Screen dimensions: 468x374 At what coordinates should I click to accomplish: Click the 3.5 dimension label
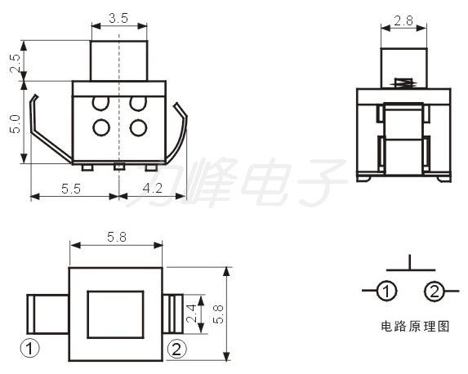[118, 19]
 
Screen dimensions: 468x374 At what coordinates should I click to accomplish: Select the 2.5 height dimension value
[15, 63]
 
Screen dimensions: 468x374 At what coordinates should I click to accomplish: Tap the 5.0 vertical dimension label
[15, 124]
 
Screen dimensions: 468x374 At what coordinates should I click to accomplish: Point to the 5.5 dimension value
[71, 189]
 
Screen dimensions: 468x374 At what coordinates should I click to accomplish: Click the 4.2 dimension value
[153, 189]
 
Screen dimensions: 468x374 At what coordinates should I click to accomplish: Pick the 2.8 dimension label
[403, 21]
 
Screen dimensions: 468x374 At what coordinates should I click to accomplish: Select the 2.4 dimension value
[191, 314]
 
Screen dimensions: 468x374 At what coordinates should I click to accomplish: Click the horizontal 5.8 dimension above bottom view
[117, 238]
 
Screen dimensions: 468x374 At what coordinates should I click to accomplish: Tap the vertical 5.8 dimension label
[218, 314]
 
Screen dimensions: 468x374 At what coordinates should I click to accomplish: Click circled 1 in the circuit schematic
[386, 291]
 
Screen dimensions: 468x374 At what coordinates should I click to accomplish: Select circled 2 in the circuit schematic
[434, 291]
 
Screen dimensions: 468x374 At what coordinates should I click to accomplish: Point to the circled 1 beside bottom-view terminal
[30, 348]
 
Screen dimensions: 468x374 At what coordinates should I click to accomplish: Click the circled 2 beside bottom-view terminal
[176, 349]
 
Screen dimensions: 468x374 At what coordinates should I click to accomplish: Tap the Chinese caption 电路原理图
[415, 327]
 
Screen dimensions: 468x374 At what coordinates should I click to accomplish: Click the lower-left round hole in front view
[101, 127]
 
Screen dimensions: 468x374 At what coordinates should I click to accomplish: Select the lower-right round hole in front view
[138, 127]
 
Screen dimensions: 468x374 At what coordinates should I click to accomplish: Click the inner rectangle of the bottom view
[115, 314]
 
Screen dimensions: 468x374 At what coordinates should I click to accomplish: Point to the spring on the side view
[404, 82]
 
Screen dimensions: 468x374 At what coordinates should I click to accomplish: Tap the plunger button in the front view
[118, 60]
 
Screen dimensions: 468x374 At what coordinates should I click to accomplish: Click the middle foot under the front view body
[119, 167]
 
